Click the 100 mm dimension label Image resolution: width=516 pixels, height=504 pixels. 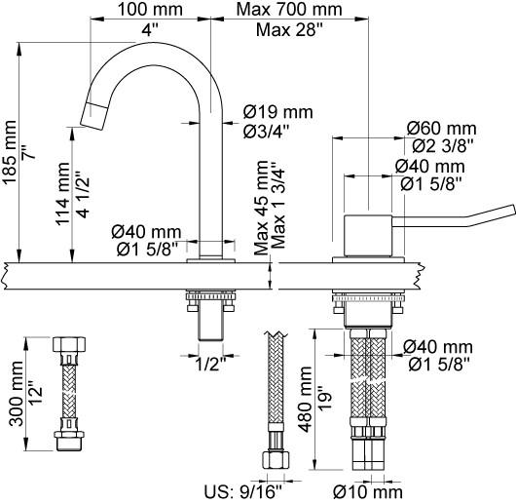(150, 9)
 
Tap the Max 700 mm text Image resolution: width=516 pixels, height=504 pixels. (289, 9)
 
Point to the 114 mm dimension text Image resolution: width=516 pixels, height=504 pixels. (62, 194)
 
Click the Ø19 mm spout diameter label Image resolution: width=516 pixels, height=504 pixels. (278, 112)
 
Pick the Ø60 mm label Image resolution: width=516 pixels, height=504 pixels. (441, 128)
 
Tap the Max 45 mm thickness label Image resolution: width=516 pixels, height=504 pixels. (262, 208)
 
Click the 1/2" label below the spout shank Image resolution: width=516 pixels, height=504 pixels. (211, 365)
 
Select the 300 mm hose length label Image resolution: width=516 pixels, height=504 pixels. (17, 394)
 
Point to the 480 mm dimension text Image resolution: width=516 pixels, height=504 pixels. (305, 400)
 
